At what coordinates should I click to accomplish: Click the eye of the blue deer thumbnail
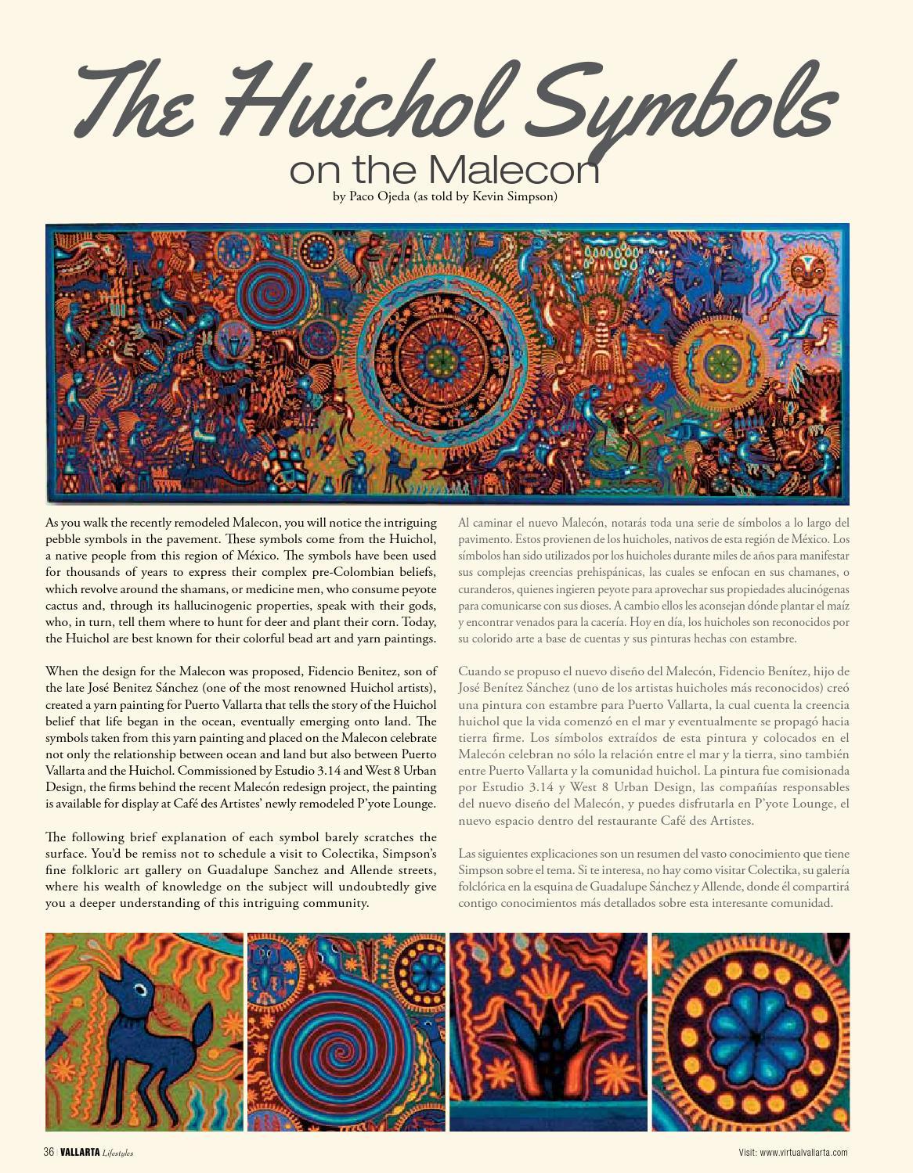tap(139, 990)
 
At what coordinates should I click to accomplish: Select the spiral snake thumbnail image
tap(347, 1031)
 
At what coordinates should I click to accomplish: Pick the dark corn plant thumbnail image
tap(548, 1031)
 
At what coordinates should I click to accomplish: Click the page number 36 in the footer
tap(49, 1152)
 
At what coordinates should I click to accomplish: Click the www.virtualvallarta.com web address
tap(803, 1152)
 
